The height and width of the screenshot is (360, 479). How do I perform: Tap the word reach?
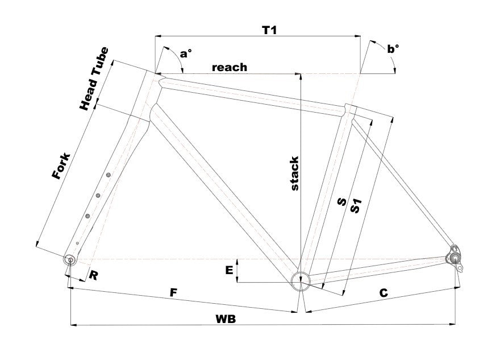pos(230,67)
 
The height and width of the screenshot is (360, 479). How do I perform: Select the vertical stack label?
pos(294,173)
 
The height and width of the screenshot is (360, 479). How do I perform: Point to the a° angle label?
pos(186,54)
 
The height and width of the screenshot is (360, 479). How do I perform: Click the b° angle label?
pos(393,49)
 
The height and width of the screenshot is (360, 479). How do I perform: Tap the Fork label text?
pos(61,166)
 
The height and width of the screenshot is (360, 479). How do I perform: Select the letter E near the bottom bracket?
pos(229,271)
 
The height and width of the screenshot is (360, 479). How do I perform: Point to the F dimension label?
pos(174,293)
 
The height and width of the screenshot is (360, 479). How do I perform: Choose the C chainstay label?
pos(384,293)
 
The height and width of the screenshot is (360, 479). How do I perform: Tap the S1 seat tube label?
pos(357,205)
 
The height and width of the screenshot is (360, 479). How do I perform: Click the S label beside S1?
pos(342,203)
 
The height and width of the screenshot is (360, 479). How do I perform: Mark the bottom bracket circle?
pos(299,280)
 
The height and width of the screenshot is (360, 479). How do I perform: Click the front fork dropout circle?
pos(70,260)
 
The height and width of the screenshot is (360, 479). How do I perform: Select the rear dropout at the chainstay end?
pos(455,255)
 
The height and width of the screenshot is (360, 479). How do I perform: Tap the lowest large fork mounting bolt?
pos(88,216)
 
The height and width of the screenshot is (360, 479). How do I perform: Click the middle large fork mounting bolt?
pos(98,196)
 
